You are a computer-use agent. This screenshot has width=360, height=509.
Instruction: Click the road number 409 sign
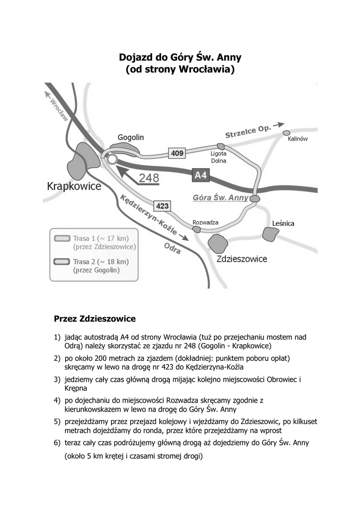[177, 154]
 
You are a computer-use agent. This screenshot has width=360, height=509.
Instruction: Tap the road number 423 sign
[163, 205]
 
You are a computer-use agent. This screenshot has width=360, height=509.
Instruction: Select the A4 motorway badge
[200, 175]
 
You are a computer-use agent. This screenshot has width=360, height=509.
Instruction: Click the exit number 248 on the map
[149, 178]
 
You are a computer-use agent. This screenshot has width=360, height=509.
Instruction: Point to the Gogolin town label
[131, 137]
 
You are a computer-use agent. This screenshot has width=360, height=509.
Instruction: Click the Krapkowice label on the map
[74, 186]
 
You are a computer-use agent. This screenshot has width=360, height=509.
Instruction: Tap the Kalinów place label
[298, 139]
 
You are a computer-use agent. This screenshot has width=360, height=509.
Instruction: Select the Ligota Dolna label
[219, 157]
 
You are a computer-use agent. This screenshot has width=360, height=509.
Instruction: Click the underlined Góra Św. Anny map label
[220, 197]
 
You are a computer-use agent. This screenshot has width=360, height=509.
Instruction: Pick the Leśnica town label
[283, 224]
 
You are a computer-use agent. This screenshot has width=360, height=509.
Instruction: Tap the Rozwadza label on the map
[205, 222]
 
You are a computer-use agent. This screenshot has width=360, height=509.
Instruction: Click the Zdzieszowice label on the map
[242, 258]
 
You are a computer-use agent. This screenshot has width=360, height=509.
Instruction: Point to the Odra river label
[173, 249]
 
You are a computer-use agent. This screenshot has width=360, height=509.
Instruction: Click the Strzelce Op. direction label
[248, 132]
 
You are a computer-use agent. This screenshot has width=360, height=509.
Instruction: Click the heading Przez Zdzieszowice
[94, 317]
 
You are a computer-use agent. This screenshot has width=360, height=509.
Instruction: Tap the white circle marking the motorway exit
[112, 159]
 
